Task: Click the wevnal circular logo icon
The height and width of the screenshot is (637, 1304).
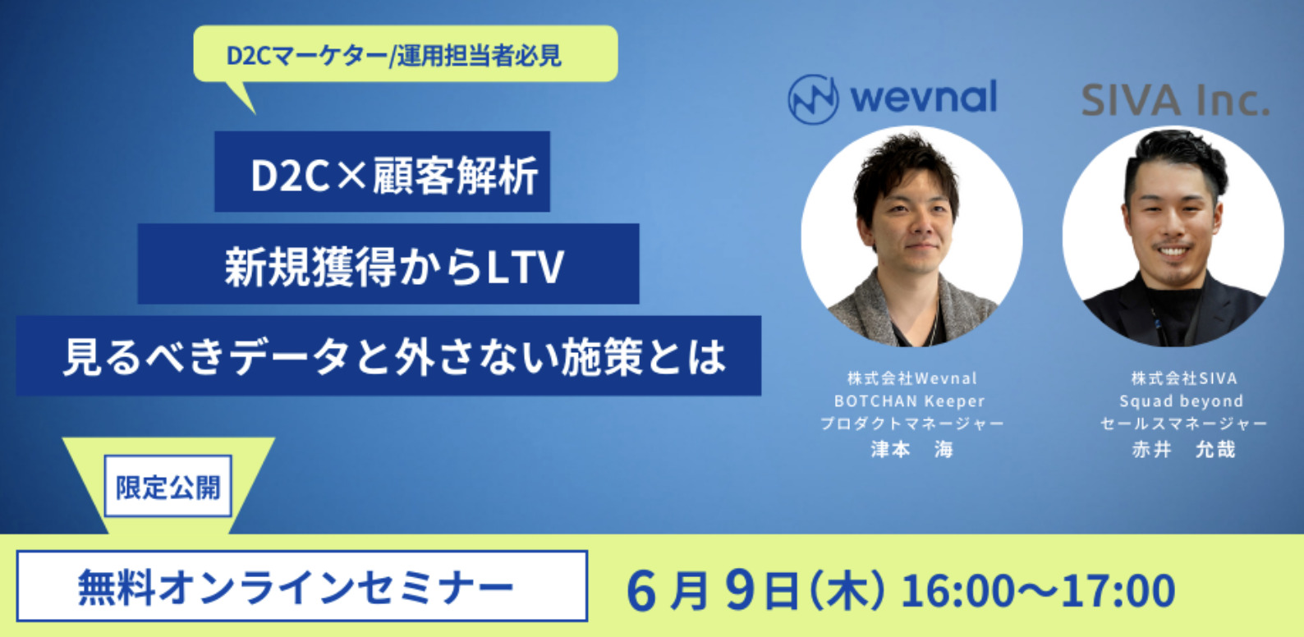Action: click(x=813, y=99)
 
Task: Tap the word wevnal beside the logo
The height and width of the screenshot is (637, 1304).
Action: click(x=924, y=97)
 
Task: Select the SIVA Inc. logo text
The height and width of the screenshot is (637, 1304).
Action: click(x=1175, y=101)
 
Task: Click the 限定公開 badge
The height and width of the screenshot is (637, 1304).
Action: click(x=168, y=486)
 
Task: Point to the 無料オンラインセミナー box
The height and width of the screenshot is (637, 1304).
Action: click(x=302, y=586)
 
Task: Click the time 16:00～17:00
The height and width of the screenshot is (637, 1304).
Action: click(x=1038, y=590)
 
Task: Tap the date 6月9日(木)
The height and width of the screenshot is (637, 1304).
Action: click(x=755, y=590)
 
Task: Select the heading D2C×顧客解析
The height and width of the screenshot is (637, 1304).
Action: click(x=394, y=176)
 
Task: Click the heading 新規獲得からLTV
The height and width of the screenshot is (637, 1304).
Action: click(x=395, y=267)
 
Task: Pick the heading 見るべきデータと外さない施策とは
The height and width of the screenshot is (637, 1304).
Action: click(x=395, y=356)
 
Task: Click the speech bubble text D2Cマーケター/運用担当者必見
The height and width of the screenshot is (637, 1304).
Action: click(x=393, y=56)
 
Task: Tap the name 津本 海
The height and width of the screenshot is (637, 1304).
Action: click(x=911, y=449)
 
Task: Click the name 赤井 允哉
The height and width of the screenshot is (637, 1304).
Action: click(x=1183, y=449)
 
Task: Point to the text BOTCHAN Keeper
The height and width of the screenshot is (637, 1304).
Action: click(x=909, y=401)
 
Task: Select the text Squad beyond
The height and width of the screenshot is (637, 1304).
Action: click(x=1182, y=401)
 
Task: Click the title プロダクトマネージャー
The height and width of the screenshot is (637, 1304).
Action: click(x=911, y=424)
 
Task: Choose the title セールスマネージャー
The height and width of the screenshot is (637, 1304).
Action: click(x=1183, y=424)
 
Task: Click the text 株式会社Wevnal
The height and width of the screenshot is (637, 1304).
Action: click(x=911, y=378)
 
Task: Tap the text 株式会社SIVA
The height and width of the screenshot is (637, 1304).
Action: click(x=1184, y=378)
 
